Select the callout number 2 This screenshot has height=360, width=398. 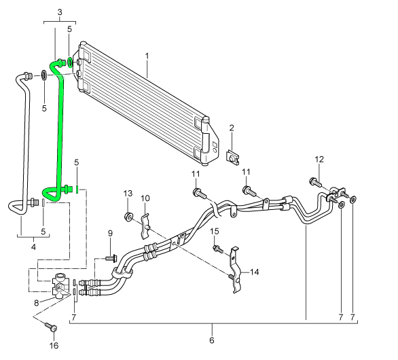pos(231,128)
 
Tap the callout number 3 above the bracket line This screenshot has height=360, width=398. pos(59,13)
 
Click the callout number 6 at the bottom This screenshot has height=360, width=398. pos(211,339)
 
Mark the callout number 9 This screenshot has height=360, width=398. pos(110,234)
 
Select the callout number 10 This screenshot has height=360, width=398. pos(145,198)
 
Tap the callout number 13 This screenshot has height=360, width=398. pos(128,194)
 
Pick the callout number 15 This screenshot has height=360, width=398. pos(214,232)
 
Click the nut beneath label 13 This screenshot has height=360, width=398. pos(128,217)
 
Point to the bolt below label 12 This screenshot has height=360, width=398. pos(315,181)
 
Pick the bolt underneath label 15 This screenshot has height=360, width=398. pos(218,249)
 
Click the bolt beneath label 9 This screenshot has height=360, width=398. pos(111,259)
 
